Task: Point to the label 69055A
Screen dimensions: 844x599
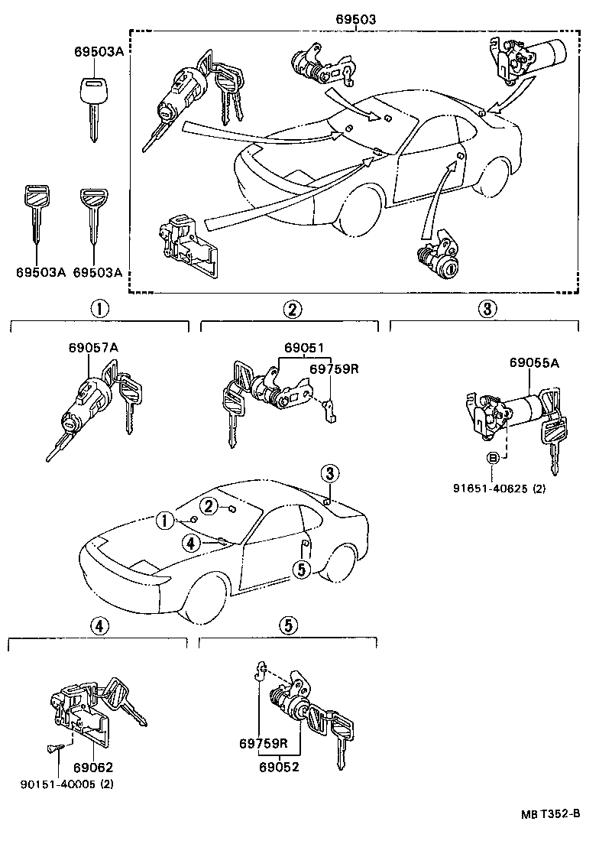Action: pos(534,363)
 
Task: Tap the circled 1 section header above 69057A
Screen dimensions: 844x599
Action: pos(99,309)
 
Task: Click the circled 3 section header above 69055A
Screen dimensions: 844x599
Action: pos(488,309)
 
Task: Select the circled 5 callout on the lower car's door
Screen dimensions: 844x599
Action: pos(302,569)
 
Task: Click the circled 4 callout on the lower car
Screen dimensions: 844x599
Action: pos(192,543)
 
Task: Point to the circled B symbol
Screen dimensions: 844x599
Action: pos(494,458)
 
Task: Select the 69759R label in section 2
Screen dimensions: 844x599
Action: pos(334,369)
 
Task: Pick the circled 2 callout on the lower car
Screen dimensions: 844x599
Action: pos(209,505)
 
